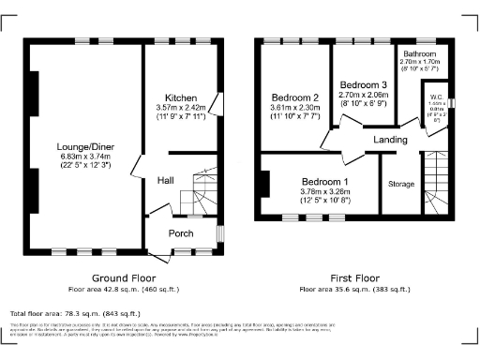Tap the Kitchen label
pos(180,98)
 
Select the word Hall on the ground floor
pos(165,180)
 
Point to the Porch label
pos(180,232)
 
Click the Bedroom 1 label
pos(323,182)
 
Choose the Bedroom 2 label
pos(296,98)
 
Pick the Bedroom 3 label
pos(362,84)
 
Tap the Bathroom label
pos(420,54)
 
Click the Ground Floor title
pos(123,278)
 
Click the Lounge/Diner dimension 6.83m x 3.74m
pos(81,158)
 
